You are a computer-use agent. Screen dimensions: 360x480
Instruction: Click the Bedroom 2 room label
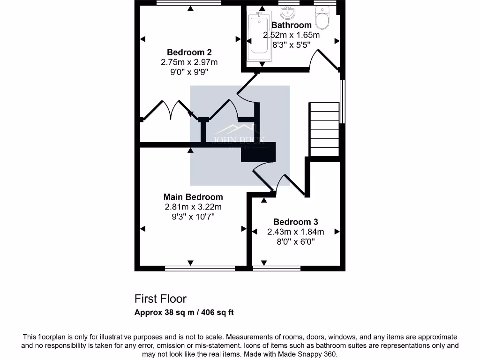pyautogui.click(x=186, y=52)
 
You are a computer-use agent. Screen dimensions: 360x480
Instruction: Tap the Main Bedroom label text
pyautogui.click(x=193, y=197)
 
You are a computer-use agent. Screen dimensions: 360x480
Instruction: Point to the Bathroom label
pyautogui.click(x=291, y=25)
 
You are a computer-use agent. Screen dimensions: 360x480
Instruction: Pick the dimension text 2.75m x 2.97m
pyautogui.click(x=189, y=62)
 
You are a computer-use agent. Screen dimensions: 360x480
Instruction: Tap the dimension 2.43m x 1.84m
pyautogui.click(x=295, y=232)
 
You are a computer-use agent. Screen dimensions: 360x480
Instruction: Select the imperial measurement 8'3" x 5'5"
pyautogui.click(x=292, y=45)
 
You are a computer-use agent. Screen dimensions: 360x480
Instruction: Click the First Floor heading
pyautogui.click(x=160, y=299)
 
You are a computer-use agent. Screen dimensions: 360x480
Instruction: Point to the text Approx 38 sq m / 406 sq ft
pyautogui.click(x=184, y=313)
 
